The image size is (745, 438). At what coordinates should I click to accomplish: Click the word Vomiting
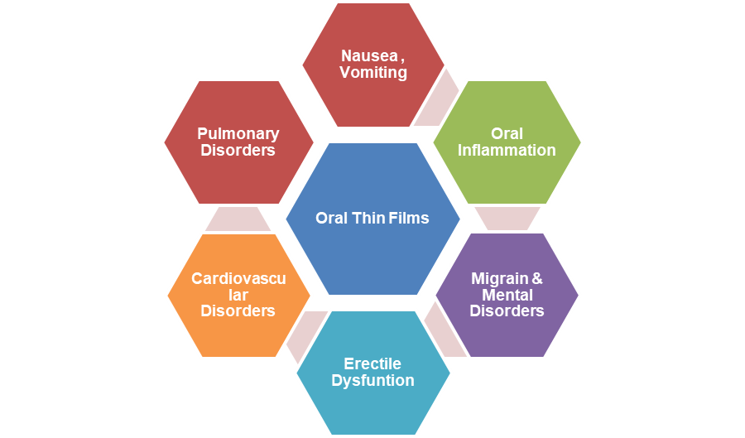click(373, 73)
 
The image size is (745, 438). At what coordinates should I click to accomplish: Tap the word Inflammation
click(507, 151)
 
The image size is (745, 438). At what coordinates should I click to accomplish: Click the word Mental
click(507, 295)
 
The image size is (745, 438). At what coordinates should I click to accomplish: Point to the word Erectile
click(372, 364)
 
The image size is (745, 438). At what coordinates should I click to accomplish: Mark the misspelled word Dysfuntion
click(372, 381)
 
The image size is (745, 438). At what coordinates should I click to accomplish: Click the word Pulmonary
click(238, 134)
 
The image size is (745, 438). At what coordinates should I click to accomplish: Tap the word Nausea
click(368, 56)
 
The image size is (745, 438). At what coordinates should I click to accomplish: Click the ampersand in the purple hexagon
click(536, 279)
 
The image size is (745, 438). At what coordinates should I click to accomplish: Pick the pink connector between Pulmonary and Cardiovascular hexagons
click(238, 219)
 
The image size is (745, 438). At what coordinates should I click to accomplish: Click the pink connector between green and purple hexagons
click(507, 218)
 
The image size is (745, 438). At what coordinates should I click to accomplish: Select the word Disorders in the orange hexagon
click(238, 311)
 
